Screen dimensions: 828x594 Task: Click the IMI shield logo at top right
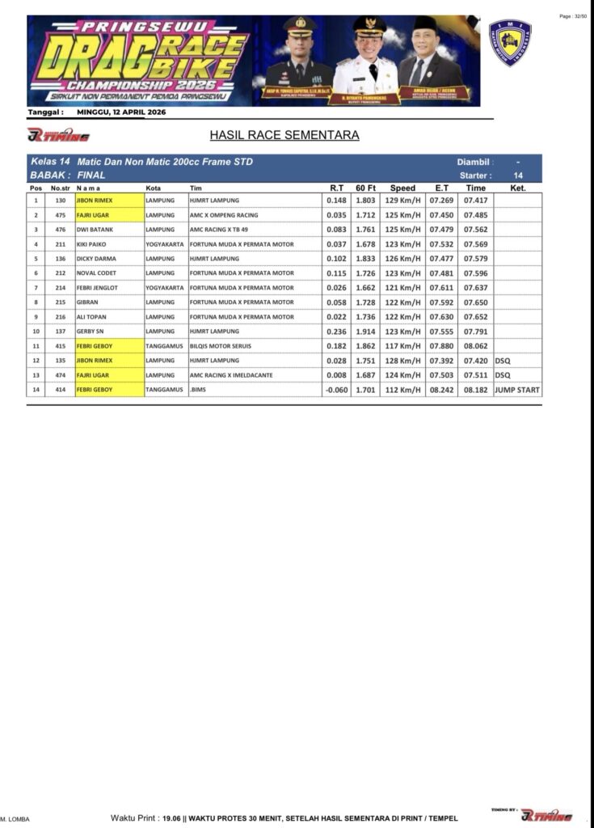click(511, 43)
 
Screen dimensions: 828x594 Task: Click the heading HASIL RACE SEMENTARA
click(284, 135)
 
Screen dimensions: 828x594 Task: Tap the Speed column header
click(402, 188)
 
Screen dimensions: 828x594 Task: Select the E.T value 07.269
click(441, 201)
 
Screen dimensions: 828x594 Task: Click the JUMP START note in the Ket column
click(517, 390)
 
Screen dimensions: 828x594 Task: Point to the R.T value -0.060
click(335, 390)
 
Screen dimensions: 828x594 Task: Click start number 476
click(60, 230)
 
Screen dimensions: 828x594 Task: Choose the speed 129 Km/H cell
click(402, 201)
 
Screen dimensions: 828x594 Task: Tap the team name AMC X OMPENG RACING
click(224, 215)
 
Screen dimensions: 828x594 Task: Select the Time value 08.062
click(476, 346)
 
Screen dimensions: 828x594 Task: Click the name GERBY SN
click(91, 332)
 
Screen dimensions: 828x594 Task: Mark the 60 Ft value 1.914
click(365, 332)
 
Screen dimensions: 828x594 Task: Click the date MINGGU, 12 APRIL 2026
click(121, 112)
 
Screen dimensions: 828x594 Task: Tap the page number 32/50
click(580, 16)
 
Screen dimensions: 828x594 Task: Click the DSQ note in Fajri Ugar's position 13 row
click(503, 375)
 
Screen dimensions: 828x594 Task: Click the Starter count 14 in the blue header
click(517, 175)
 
